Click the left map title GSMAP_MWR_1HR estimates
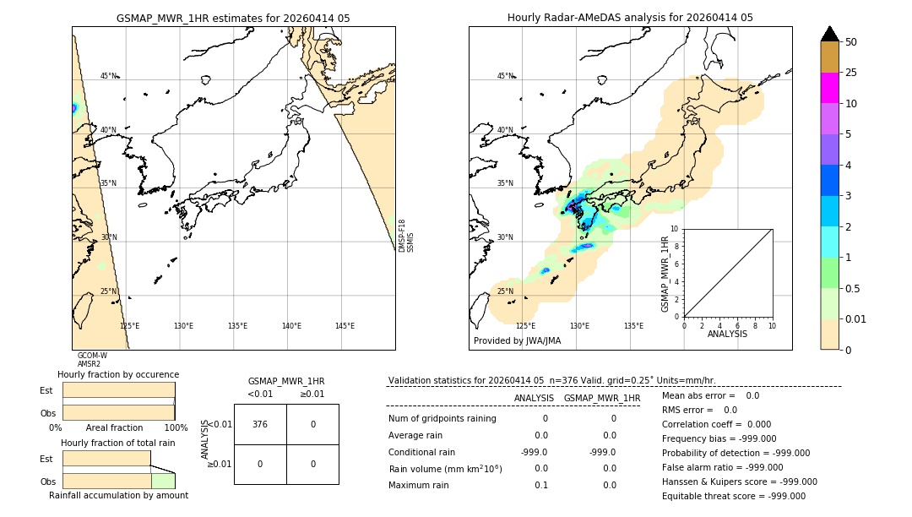click(x=233, y=18)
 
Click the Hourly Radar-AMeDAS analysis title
click(x=630, y=18)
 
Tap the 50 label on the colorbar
click(x=851, y=42)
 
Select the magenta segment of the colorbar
click(x=829, y=88)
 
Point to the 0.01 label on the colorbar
click(x=856, y=319)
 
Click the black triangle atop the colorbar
click(x=829, y=34)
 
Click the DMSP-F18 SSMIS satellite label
click(x=406, y=236)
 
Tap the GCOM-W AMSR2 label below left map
click(x=92, y=360)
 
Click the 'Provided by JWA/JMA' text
click(x=517, y=340)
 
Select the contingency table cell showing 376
click(x=260, y=424)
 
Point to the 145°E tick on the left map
click(x=345, y=326)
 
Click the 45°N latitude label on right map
click(x=505, y=76)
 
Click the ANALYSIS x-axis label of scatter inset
click(x=727, y=334)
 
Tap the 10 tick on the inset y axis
click(x=674, y=229)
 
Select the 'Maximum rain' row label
click(x=420, y=485)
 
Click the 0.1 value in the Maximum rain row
click(x=540, y=485)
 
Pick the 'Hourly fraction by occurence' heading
click(x=118, y=374)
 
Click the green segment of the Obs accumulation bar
click(x=163, y=481)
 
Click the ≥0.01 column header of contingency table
click(x=312, y=394)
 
